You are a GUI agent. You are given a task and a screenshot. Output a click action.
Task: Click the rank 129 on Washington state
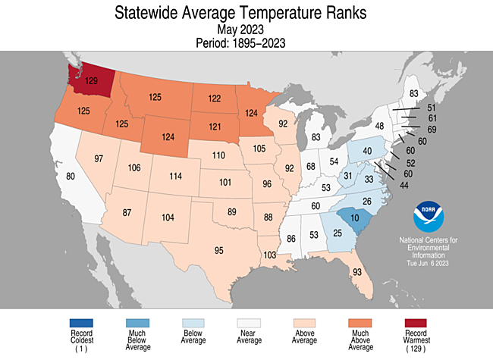[x=93, y=80]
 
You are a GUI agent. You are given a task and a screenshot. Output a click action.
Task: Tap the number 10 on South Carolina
[x=353, y=219]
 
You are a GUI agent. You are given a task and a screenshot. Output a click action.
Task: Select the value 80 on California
[x=71, y=177]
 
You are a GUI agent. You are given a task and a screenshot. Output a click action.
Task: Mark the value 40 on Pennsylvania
[x=368, y=151]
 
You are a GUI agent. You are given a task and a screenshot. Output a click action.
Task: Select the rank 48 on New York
[x=379, y=125]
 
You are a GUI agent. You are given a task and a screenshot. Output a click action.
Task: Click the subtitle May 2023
[x=240, y=30]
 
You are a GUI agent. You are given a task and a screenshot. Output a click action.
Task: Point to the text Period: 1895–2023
[x=240, y=43]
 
